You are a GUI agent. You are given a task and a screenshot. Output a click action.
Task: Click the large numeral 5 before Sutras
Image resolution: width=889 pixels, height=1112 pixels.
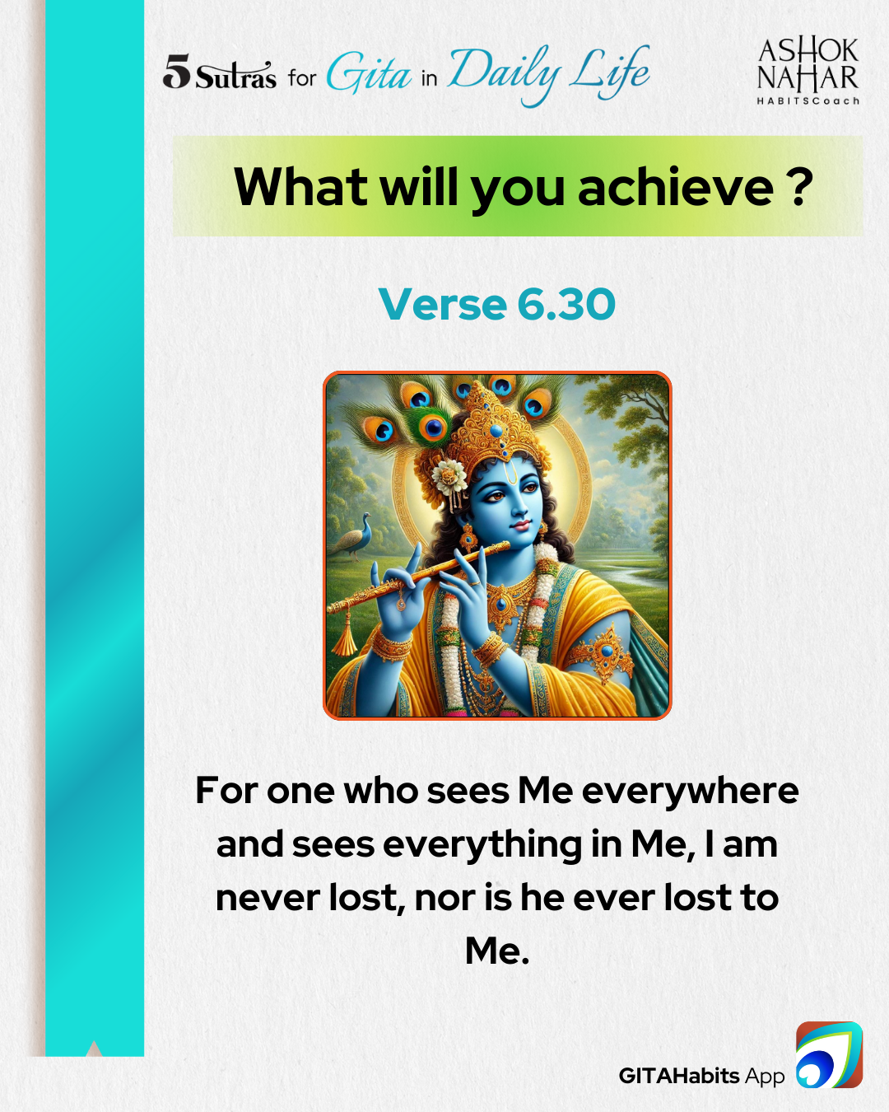pyautogui.click(x=177, y=71)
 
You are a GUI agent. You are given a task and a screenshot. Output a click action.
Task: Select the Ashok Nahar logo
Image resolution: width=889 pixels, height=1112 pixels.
pyautogui.click(x=808, y=72)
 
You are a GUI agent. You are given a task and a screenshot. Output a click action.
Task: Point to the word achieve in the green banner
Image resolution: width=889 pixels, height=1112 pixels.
pyautogui.click(x=675, y=186)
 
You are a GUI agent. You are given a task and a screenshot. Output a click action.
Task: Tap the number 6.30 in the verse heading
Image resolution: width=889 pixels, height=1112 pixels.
pyautogui.click(x=566, y=304)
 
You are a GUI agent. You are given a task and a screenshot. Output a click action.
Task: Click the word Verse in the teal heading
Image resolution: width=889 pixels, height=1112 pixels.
pyautogui.click(x=443, y=304)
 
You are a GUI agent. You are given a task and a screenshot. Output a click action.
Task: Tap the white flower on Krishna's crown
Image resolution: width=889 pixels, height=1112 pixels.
pyautogui.click(x=449, y=475)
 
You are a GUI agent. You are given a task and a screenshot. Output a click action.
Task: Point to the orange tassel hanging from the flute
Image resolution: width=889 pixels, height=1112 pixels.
pyautogui.click(x=345, y=636)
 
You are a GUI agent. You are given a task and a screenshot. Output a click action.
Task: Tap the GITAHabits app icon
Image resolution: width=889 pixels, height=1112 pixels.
pyautogui.click(x=829, y=1054)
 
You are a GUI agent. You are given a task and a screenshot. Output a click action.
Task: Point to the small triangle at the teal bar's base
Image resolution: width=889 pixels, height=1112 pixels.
pyautogui.click(x=94, y=1049)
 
